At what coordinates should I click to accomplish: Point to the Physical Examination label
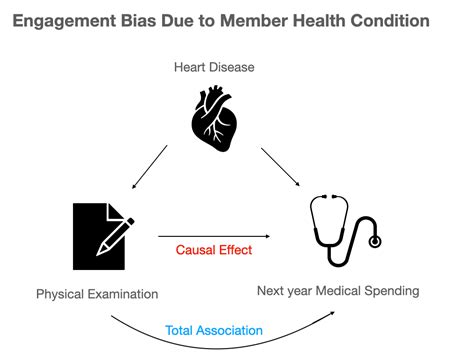pos(97,294)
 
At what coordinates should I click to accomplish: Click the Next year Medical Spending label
pos(338,291)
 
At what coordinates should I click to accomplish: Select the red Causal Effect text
pos(213,250)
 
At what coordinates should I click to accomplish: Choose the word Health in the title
pos(335,20)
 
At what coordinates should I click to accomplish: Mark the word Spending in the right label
pos(391,291)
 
